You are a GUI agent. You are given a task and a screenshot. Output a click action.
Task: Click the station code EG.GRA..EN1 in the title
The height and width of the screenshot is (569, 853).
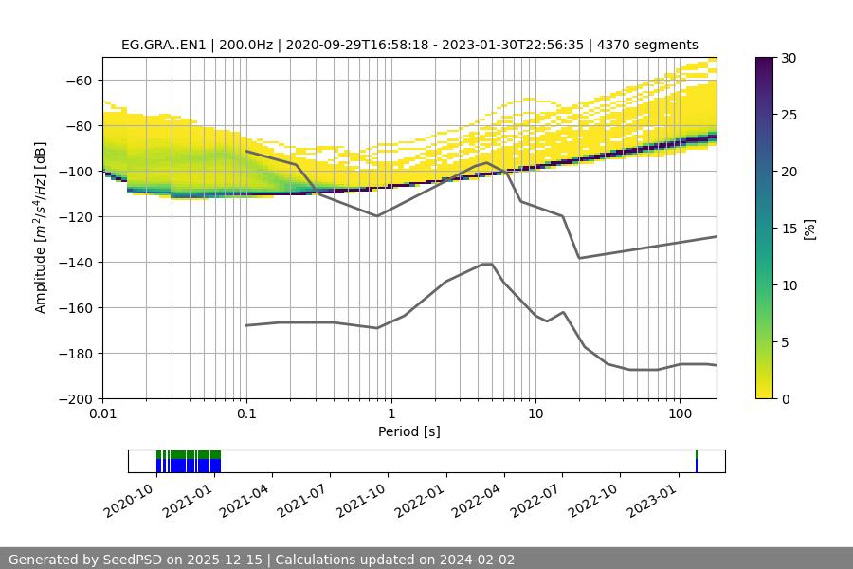[161, 45]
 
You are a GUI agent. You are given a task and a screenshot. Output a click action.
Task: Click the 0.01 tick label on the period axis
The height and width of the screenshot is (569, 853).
[102, 413]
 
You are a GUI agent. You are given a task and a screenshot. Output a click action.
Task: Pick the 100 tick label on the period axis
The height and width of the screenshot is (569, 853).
[680, 413]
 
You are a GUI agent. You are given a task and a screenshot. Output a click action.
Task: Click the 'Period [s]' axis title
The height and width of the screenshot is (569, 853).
[409, 431]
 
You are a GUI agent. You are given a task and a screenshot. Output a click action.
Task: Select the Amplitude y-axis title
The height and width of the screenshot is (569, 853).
[41, 228]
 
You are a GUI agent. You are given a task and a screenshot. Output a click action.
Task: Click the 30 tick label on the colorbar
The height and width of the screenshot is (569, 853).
[788, 58]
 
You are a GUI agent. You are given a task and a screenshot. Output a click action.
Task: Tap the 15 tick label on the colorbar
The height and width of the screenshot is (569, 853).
[788, 229]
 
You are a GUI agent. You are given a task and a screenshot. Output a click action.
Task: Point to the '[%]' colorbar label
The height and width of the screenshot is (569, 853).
[809, 229]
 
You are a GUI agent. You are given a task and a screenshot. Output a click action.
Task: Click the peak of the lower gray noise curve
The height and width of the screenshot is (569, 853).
[487, 264]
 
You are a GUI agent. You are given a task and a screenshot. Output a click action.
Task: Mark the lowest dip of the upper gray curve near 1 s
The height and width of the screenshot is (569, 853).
[377, 216]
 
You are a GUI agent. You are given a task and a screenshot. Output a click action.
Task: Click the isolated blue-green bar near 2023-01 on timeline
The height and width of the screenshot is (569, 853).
[697, 462]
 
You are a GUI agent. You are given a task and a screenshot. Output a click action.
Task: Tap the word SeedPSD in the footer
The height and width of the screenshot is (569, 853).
[135, 560]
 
